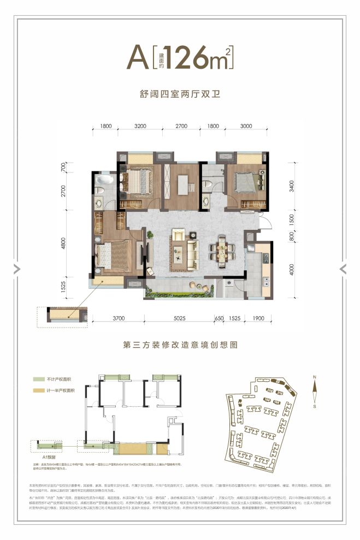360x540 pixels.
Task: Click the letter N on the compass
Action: pos(314,377)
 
